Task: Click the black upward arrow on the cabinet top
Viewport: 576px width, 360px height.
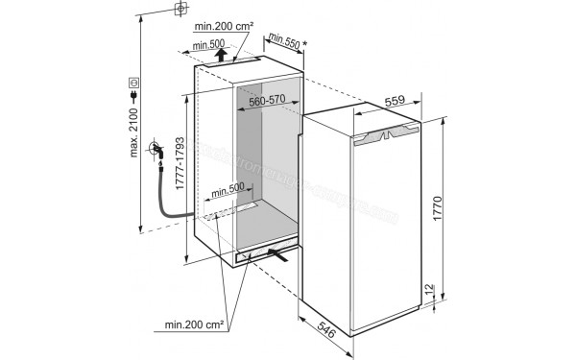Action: (x=221, y=54)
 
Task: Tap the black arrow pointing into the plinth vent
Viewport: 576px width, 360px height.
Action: (x=277, y=253)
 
